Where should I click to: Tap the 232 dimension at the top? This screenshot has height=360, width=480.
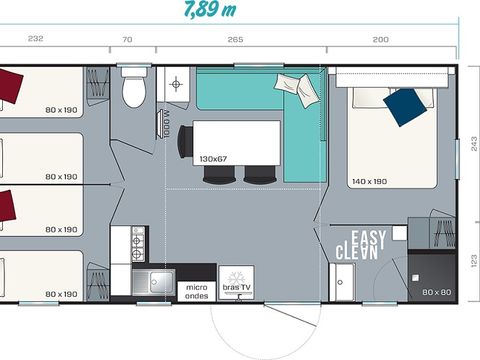click(35, 39)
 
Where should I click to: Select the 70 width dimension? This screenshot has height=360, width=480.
click(126, 39)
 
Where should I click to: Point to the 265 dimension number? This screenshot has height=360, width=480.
click(236, 39)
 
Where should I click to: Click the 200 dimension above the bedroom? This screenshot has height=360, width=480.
click(381, 39)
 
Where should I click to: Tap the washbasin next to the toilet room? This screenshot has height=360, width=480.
click(176, 85)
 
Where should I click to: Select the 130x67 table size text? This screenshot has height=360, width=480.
click(213, 158)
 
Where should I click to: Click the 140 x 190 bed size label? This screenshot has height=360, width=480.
click(369, 181)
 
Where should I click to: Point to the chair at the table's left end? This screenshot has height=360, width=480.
click(183, 146)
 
